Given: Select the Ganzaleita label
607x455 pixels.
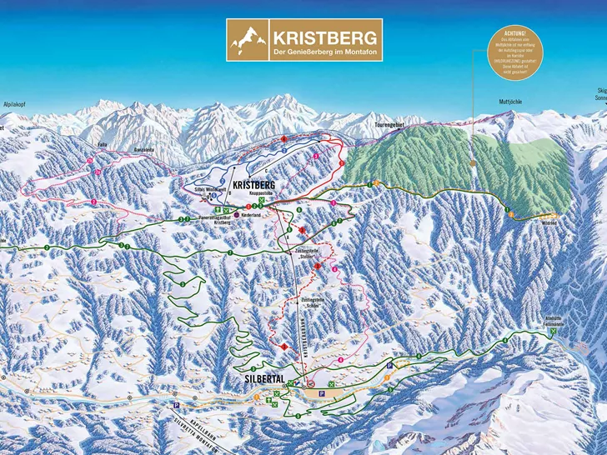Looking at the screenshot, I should (x=144, y=150).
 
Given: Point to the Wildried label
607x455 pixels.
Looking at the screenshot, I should (x=549, y=223).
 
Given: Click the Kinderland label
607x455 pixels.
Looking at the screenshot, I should (x=253, y=214).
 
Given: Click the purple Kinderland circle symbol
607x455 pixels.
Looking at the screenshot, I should (x=236, y=214).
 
